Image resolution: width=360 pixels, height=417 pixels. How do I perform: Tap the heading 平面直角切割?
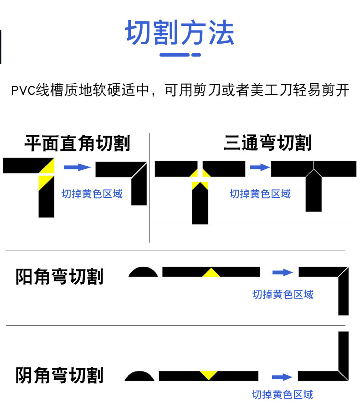(x=77, y=143)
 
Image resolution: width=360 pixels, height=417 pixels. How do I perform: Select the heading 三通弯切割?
(x=267, y=143)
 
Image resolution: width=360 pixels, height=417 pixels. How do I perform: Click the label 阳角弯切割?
(x=60, y=277)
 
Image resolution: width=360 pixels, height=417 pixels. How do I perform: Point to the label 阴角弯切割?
(x=60, y=376)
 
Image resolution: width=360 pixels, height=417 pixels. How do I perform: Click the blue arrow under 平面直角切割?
(x=77, y=167)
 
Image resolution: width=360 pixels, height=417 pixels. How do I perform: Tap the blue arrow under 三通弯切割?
(x=260, y=167)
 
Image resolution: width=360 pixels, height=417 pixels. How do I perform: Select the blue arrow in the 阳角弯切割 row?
(x=283, y=272)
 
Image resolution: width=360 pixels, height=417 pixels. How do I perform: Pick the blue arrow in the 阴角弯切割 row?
(x=282, y=377)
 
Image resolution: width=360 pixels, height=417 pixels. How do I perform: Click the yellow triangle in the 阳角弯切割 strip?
(x=211, y=273)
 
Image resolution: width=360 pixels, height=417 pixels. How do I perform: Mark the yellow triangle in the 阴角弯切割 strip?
(x=209, y=375)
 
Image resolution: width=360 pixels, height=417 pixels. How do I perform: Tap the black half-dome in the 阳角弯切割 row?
(x=143, y=272)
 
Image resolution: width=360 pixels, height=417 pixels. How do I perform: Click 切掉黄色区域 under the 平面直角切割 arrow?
(x=92, y=194)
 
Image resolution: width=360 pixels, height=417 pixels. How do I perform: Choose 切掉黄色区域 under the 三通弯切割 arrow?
(x=260, y=194)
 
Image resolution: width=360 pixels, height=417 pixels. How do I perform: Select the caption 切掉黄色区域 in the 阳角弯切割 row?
(x=283, y=295)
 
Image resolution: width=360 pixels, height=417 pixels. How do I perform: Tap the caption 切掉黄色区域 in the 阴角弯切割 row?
(x=283, y=394)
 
